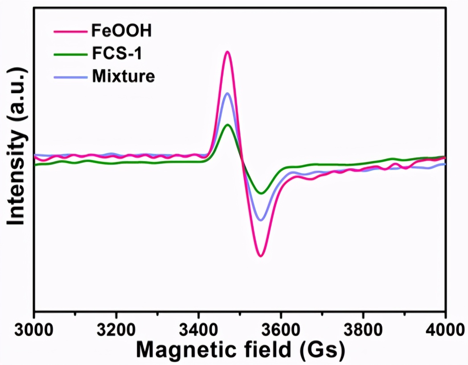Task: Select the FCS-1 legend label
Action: pyautogui.click(x=117, y=54)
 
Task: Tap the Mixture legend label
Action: pyautogui.click(x=123, y=76)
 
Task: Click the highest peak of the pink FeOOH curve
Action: pyautogui.click(x=227, y=52)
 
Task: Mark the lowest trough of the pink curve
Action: pyautogui.click(x=261, y=256)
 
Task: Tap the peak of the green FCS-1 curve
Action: pyautogui.click(x=228, y=124)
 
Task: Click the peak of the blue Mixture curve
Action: pyautogui.click(x=227, y=93)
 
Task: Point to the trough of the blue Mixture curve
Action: pyautogui.click(x=261, y=220)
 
